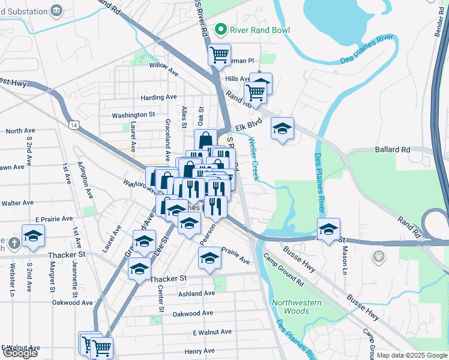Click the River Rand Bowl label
coord(259,30)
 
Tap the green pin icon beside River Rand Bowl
coord(221,29)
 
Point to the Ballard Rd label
coord(393,149)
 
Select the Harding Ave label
coord(158,97)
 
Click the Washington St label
coord(133,115)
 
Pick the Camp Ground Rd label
coord(283,269)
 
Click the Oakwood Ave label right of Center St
coord(193,313)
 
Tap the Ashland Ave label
coord(196,293)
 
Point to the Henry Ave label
coord(200,351)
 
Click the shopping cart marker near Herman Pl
coord(220,55)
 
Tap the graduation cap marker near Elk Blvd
coord(282,128)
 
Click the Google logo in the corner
coord(20,353)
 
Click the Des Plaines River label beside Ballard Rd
coord(318,181)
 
